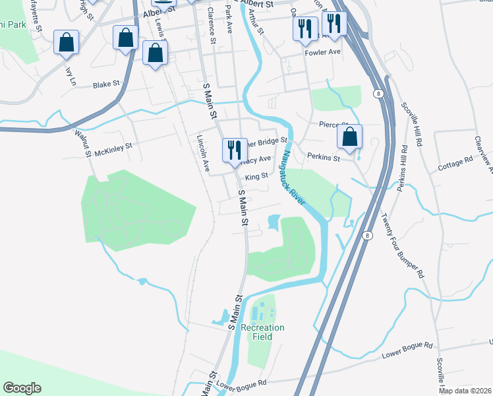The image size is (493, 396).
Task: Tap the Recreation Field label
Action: click(262, 332)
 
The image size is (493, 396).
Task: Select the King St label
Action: click(256, 176)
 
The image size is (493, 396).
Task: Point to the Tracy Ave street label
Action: click(256, 160)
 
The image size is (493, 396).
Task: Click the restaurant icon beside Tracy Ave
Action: click(233, 150)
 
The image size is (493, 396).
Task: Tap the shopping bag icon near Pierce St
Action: click(351, 137)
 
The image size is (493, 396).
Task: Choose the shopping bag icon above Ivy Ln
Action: click(67, 43)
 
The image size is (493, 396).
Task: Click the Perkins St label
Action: click(323, 158)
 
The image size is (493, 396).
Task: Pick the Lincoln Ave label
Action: click(203, 153)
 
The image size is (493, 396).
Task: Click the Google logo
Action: click(21, 388)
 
